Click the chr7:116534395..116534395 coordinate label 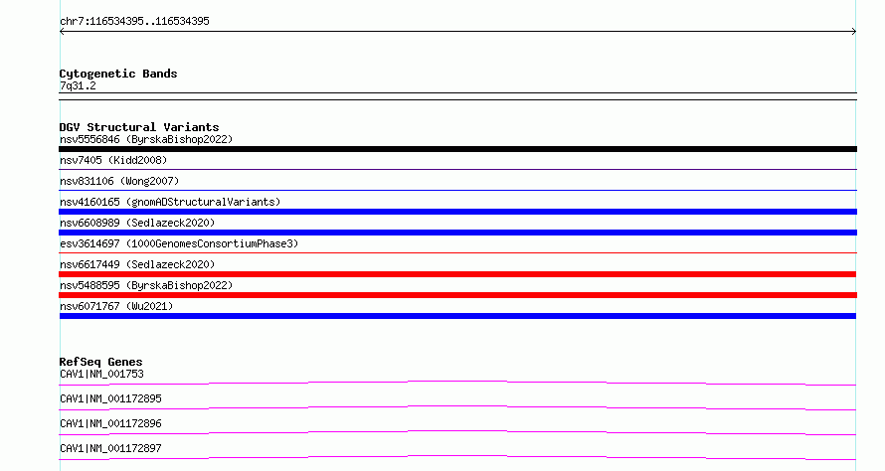(134, 22)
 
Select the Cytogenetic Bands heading (118, 74)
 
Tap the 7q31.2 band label (78, 85)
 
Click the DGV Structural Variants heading (139, 127)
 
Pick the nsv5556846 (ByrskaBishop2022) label (146, 139)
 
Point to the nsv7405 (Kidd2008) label (113, 160)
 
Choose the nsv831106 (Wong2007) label (119, 181)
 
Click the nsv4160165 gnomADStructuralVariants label (170, 202)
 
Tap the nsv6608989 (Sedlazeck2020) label (137, 223)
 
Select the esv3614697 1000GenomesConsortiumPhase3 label (179, 243)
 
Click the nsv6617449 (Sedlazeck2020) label (137, 264)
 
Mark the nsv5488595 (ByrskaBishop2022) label (146, 285)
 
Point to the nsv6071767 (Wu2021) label (116, 306)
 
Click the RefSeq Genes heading (100, 362)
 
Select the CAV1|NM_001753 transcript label (101, 374)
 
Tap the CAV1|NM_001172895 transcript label (110, 398)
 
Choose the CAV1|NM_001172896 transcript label (110, 423)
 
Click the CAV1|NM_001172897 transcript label (110, 448)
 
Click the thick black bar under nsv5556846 (457, 149)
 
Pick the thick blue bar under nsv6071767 (457, 316)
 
